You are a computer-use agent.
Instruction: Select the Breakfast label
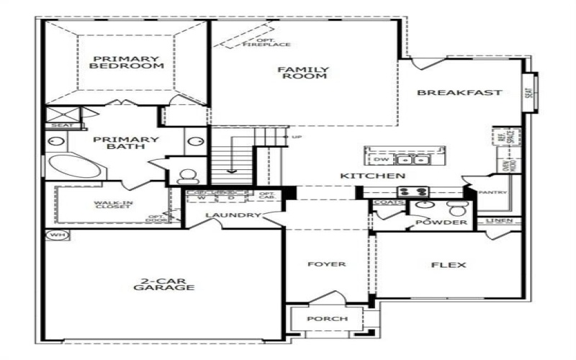point(459,92)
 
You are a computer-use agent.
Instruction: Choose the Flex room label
point(448,265)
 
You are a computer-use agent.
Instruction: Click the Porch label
point(328,318)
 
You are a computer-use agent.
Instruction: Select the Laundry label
point(232,215)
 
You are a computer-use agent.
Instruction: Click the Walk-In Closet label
point(113,206)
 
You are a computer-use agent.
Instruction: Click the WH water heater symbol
point(55,235)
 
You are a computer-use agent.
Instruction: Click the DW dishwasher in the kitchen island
point(382,159)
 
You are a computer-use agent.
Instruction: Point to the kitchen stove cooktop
point(413,192)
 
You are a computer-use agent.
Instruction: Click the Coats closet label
point(384,203)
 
